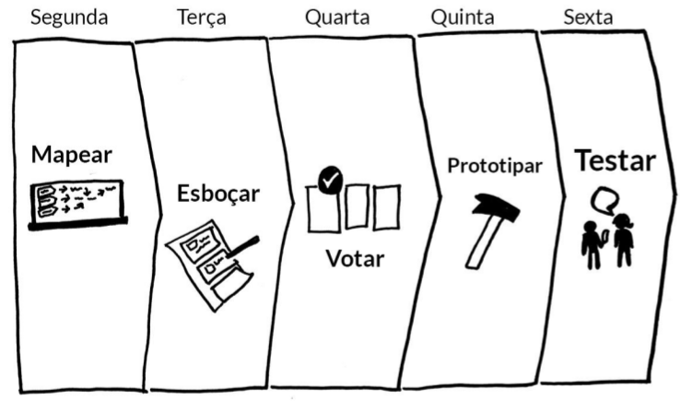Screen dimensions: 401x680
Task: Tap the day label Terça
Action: tap(201, 18)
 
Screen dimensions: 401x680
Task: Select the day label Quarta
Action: tap(339, 18)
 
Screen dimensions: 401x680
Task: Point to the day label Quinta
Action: tap(462, 18)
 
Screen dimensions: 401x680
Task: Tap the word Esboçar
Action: tap(217, 194)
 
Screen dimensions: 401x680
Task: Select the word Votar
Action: tap(355, 258)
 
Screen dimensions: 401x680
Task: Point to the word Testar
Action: tap(616, 160)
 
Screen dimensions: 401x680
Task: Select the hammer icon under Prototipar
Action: tap(487, 230)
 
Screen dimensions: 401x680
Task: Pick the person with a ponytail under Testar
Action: tap(623, 241)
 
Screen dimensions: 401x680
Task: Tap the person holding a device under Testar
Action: tap(591, 244)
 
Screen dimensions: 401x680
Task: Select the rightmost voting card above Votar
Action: tap(387, 207)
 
